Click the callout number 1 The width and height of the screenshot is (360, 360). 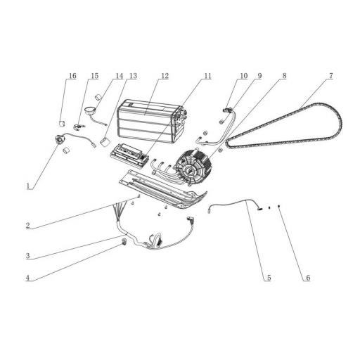27,187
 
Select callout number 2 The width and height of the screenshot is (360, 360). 27,226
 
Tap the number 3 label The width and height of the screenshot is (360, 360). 27,257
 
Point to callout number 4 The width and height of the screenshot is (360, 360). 27,278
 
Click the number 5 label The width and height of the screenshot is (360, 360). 268,278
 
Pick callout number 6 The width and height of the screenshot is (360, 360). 307,278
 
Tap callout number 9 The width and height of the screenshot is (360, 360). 259,75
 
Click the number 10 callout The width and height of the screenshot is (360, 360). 243,75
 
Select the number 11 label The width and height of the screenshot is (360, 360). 207,75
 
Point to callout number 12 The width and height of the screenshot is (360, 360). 165,75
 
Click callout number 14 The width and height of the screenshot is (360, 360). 119,75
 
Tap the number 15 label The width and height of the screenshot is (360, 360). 94,75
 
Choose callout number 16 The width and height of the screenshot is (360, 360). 71,75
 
